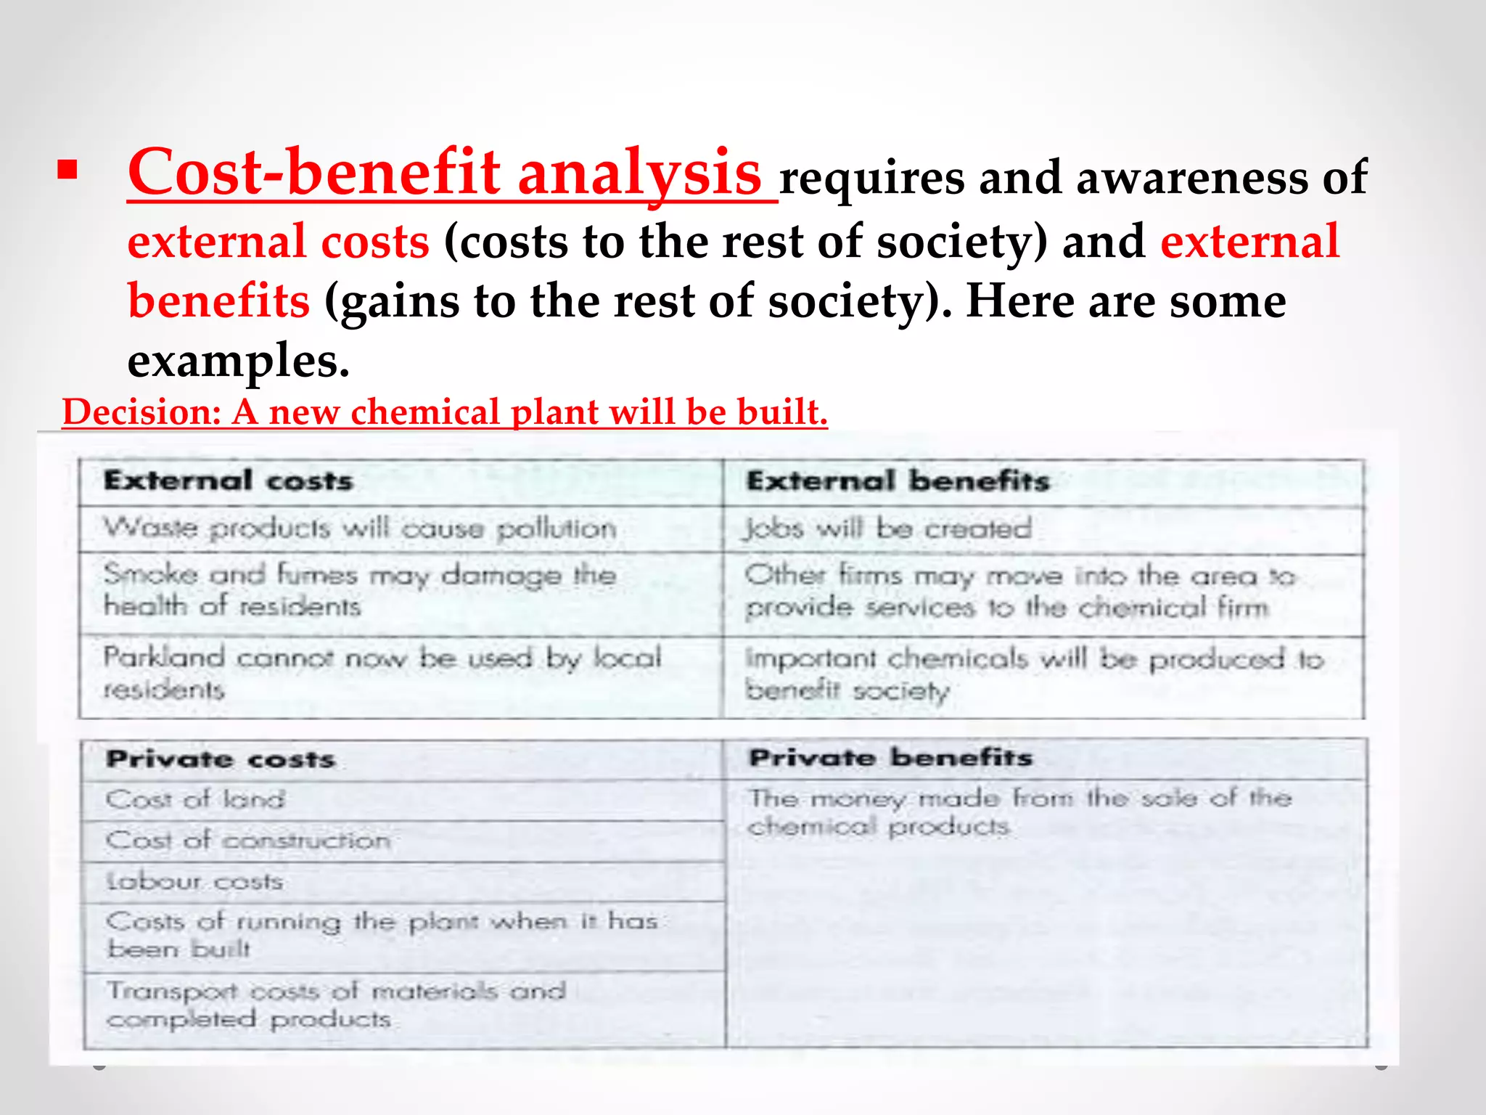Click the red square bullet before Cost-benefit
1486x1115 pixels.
[x=67, y=171]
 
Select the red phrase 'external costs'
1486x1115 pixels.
[x=278, y=242]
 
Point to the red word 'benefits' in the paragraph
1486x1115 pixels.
[x=218, y=301]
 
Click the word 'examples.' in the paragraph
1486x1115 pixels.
[x=238, y=361]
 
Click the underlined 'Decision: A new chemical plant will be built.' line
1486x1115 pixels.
[x=445, y=412]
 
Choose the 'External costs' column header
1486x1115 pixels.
[x=228, y=481]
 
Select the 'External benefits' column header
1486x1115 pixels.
[x=898, y=481]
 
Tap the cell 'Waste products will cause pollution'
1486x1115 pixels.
[x=360, y=528]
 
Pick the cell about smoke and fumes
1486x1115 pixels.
[x=360, y=590]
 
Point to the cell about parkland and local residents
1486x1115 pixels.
[x=382, y=673]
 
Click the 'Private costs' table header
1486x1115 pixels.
[x=221, y=760]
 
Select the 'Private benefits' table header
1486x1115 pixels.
[x=890, y=758]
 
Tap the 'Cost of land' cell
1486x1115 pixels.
[x=195, y=800]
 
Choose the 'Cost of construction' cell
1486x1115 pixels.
[x=248, y=841]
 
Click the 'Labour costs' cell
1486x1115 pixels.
[x=194, y=881]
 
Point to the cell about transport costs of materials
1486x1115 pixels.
[x=335, y=1005]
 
